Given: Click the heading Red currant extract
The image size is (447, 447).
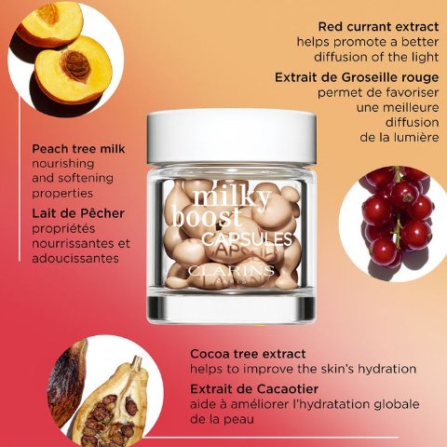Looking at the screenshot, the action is pos(378,27).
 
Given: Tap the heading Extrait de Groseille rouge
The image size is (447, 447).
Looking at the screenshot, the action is pos(357,77).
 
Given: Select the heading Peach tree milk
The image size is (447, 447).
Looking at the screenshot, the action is pos(78,149).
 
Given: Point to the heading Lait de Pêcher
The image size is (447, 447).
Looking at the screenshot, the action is pos(78,213).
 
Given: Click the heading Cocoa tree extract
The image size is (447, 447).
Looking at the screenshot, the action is pos(248,354).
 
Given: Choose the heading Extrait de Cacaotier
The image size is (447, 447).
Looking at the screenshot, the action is pos(254,389).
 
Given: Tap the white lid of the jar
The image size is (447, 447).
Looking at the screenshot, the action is pos(232,138).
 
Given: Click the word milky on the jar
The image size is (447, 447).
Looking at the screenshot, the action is pos(231,198).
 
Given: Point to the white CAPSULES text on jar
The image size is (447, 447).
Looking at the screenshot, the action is pos(247,238).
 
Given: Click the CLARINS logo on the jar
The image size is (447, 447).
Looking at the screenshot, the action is pos(231,271).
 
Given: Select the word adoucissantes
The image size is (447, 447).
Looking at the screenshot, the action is pos(75,258).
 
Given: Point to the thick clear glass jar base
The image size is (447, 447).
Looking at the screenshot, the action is pos(232,307).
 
